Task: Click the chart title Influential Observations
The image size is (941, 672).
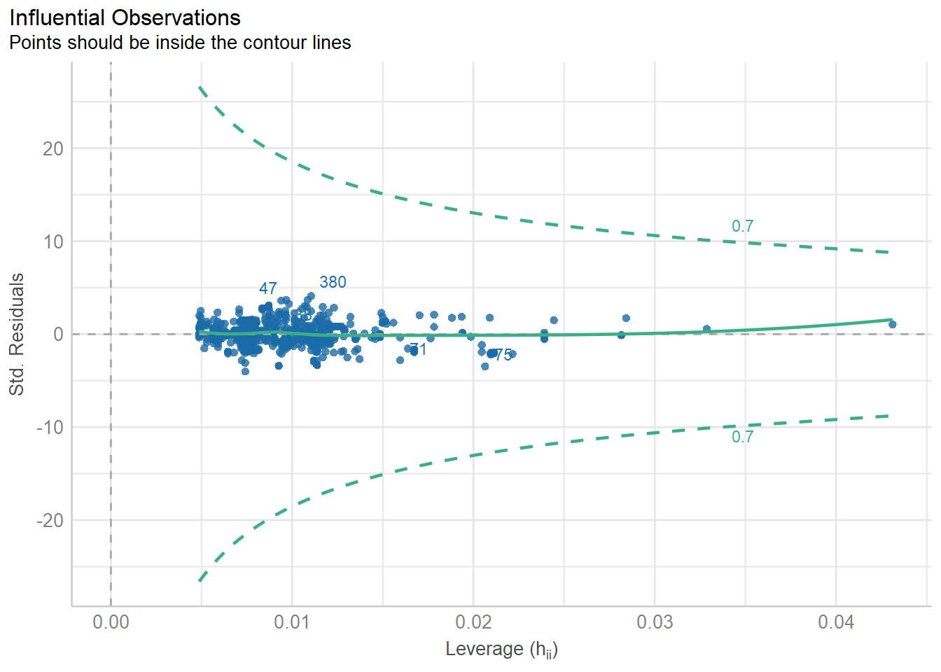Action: [125, 17]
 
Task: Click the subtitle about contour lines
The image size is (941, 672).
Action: [180, 43]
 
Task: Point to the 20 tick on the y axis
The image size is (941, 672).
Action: [53, 148]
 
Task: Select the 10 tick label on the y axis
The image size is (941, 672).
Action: [53, 241]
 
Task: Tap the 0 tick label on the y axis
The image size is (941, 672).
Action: [58, 335]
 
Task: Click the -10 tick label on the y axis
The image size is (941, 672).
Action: [50, 428]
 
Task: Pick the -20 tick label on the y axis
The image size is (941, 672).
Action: [50, 521]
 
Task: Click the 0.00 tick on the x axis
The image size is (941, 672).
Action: [111, 622]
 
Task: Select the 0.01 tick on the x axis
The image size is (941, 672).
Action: [292, 622]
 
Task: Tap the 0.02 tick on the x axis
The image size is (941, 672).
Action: [473, 622]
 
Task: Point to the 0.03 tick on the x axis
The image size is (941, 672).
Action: [655, 622]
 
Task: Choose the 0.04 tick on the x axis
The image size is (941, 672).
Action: [836, 622]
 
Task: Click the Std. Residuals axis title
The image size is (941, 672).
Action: [17, 334]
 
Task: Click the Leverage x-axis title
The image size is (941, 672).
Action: [501, 650]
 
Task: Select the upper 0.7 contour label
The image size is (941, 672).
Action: [742, 226]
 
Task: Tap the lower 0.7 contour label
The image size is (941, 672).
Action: [742, 437]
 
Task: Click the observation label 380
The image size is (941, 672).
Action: [333, 282]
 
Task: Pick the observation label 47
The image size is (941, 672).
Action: [267, 288]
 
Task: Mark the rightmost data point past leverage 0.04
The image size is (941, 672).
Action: [892, 324]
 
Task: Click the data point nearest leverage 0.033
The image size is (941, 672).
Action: [706, 329]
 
